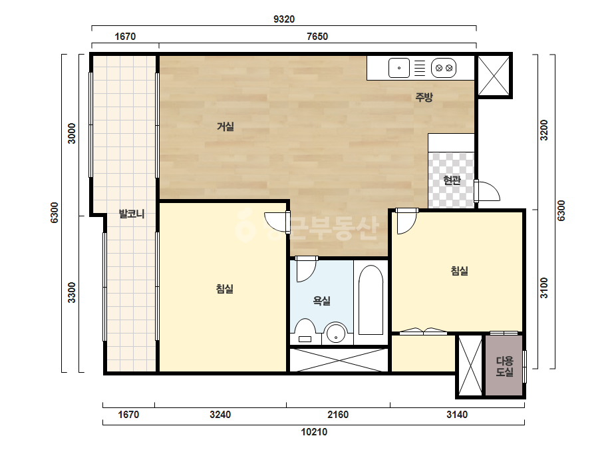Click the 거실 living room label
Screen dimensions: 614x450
226,126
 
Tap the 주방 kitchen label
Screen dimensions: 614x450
424,97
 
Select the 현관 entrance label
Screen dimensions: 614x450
452,180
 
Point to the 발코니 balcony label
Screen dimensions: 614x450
132,214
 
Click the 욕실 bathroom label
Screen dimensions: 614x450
321,301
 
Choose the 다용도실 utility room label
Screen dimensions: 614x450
504,366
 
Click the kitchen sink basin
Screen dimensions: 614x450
399,68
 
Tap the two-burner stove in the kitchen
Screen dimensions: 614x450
444,68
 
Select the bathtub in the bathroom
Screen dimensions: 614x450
371,300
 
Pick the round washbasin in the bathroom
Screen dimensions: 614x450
336,333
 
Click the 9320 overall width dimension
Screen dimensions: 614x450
284,19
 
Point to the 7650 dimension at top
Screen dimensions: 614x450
317,37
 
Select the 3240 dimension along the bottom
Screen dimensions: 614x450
220,414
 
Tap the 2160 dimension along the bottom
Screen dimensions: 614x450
337,414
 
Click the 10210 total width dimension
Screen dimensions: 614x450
314,431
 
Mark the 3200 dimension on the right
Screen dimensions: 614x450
544,130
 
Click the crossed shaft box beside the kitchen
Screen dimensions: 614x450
494,76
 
